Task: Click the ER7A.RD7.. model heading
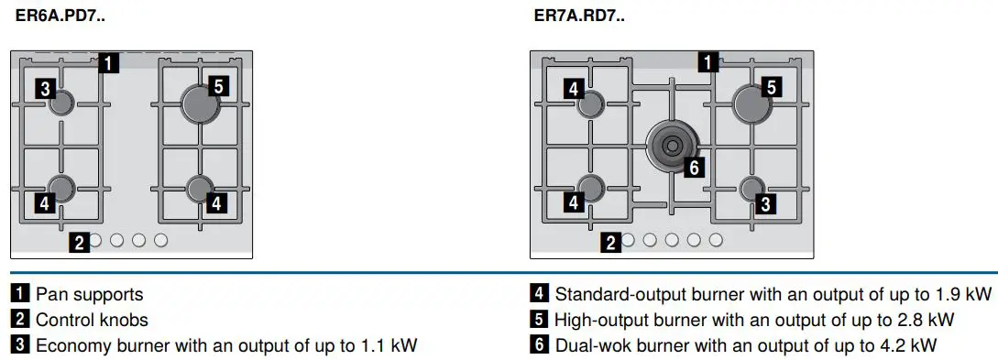(580, 16)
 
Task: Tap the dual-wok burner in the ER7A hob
(672, 144)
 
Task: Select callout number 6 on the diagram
(695, 168)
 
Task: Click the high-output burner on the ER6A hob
(201, 104)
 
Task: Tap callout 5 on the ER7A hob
(771, 87)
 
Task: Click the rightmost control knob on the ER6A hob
(161, 240)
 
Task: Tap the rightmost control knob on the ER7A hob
(716, 240)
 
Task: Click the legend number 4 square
(540, 295)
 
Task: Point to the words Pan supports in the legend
(89, 295)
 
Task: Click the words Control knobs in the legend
(92, 320)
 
